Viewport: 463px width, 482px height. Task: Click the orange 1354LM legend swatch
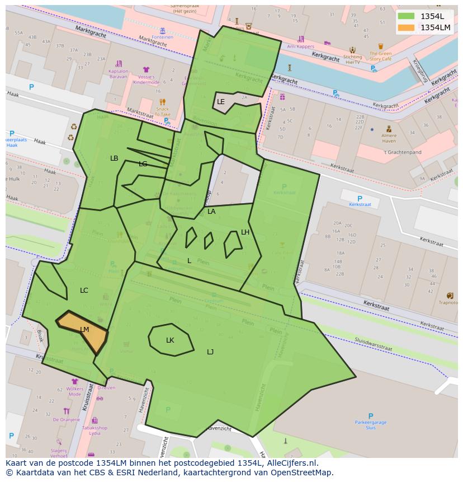[407, 27]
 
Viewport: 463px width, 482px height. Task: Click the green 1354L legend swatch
[407, 16]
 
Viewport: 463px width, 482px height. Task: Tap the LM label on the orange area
[84, 330]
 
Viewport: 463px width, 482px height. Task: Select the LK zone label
[170, 340]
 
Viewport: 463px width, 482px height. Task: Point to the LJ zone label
[210, 352]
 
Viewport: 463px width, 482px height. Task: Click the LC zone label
[84, 291]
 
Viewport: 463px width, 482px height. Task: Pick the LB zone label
[114, 158]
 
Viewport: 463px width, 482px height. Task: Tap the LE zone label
[221, 102]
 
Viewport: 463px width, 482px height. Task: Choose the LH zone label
[245, 232]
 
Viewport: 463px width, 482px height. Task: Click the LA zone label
[211, 212]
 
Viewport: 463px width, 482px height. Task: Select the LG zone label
[143, 164]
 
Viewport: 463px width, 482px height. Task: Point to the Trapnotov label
[448, 303]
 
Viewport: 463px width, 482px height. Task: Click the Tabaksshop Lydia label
[95, 430]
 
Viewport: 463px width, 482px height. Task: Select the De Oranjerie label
[67, 419]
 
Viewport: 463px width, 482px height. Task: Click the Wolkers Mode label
[74, 391]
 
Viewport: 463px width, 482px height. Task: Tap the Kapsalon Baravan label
[118, 74]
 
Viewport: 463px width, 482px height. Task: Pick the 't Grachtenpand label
[402, 152]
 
